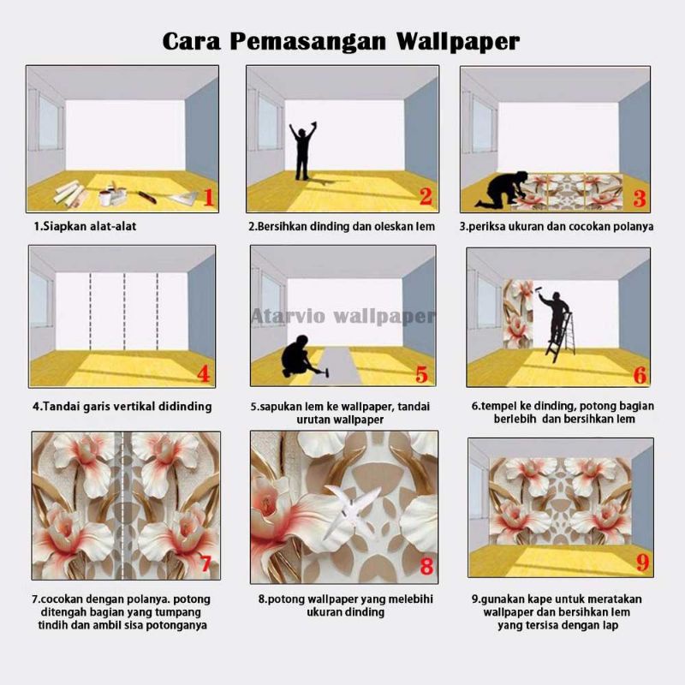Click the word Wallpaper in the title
(x=458, y=42)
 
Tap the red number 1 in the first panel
(x=209, y=197)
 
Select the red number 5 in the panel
(x=421, y=374)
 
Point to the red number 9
(x=642, y=563)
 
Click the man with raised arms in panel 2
(x=303, y=151)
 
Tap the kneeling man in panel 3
(x=502, y=188)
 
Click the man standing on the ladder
(x=555, y=316)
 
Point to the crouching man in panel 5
(x=298, y=356)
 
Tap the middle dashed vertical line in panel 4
(x=124, y=311)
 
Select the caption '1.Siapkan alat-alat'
(x=85, y=226)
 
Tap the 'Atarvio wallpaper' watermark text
(x=343, y=316)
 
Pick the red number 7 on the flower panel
(x=206, y=563)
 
